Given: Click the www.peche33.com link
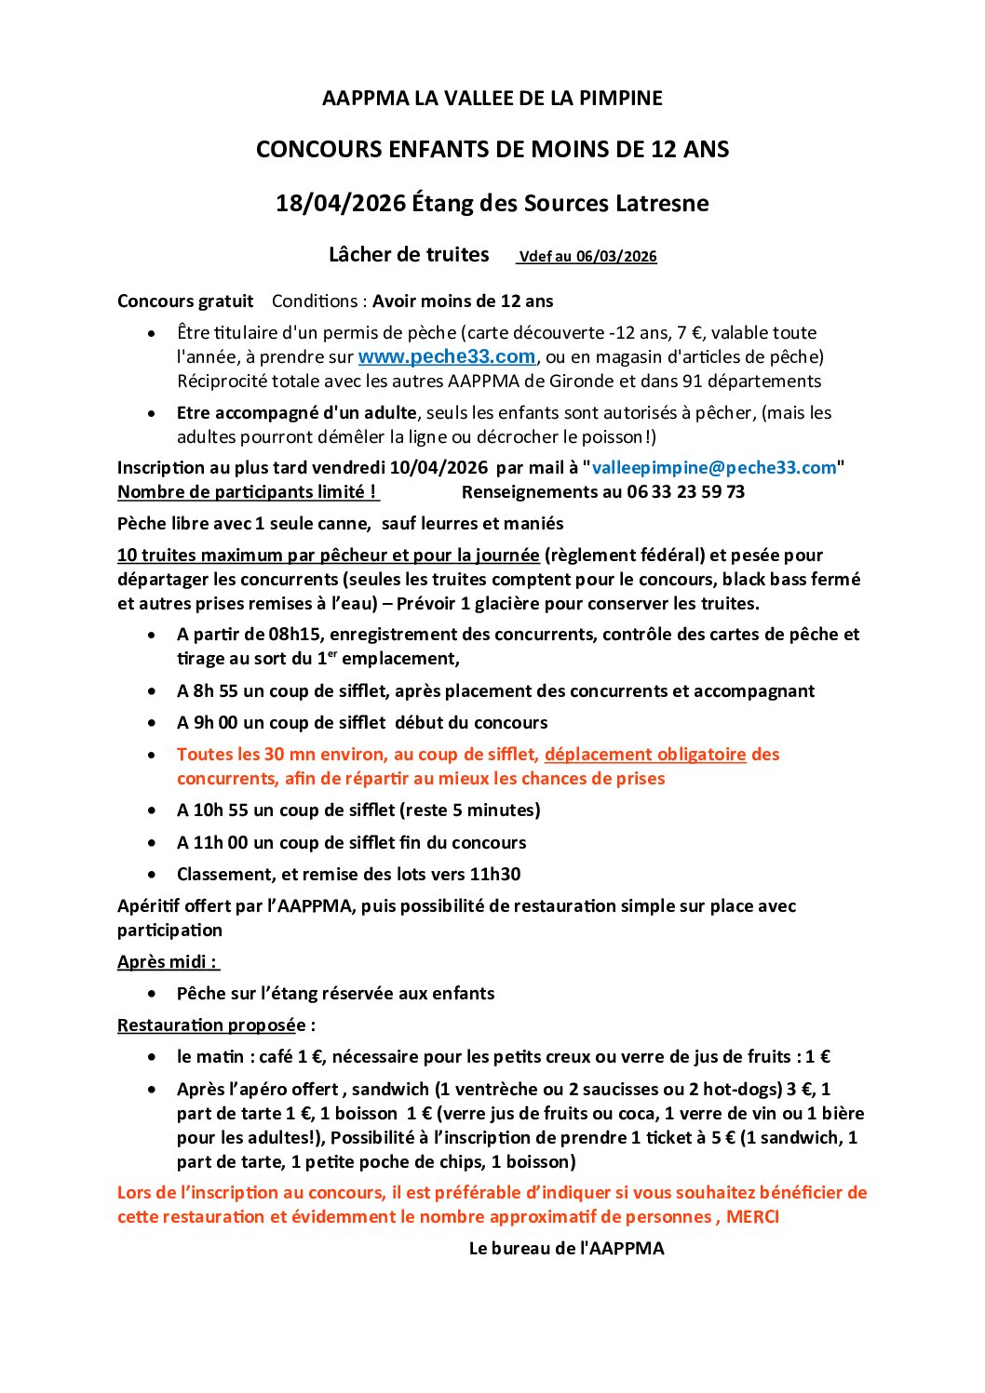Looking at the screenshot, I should [x=446, y=356].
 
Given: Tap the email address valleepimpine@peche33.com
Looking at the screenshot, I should [x=714, y=467].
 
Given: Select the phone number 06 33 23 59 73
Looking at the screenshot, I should [x=686, y=491].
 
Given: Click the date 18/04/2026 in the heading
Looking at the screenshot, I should [x=341, y=203].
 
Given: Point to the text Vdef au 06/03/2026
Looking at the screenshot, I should [x=587, y=257].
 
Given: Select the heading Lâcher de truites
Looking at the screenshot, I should [x=409, y=255].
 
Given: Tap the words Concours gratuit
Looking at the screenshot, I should [x=185, y=301].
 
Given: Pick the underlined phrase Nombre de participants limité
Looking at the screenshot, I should [x=247, y=491].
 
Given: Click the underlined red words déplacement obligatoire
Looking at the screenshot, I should [x=645, y=754].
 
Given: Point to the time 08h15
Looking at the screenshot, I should [x=295, y=634].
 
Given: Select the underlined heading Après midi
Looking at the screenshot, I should [x=167, y=961].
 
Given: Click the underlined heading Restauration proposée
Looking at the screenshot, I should [x=211, y=1025].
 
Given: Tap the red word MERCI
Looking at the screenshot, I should [x=752, y=1216].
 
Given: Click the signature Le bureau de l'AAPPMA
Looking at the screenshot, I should [x=566, y=1248].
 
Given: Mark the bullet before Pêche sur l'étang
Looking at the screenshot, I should [x=153, y=994].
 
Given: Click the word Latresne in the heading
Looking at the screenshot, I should [x=662, y=203].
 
